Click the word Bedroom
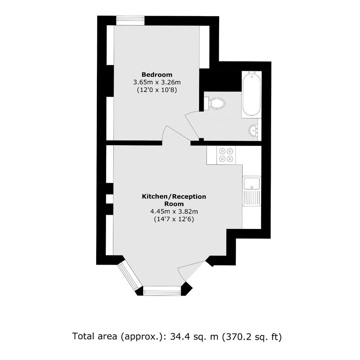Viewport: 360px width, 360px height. coord(157,75)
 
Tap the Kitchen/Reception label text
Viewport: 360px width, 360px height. coord(174,196)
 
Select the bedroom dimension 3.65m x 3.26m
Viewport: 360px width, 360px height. coord(157,82)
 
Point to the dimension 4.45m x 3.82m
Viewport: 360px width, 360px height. coord(174,211)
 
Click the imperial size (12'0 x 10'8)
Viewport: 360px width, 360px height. coord(157,90)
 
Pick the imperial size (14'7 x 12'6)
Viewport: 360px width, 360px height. coord(174,219)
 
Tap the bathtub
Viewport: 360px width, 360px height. coord(252,94)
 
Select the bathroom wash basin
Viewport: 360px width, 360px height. coord(253,131)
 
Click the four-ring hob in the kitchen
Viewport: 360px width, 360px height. coord(226,155)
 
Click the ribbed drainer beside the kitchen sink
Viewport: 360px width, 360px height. coord(252,198)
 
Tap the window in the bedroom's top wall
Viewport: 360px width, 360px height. coord(130,20)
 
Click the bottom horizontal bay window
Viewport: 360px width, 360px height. coord(162,291)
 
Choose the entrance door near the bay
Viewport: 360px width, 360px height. coord(191,271)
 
